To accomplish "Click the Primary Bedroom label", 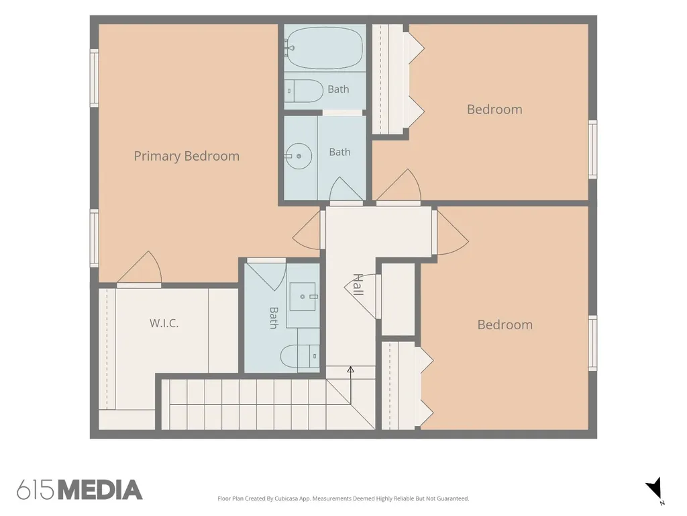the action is pyautogui.click(x=187, y=156).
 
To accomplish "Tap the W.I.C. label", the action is pyautogui.click(x=164, y=323).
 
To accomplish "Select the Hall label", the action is pyautogui.click(x=358, y=284).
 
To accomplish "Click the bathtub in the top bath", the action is pyautogui.click(x=324, y=48).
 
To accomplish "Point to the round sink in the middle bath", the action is pyautogui.click(x=299, y=156).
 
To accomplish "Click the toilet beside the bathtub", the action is pyautogui.click(x=304, y=91).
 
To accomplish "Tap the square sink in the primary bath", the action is pyautogui.click(x=303, y=296).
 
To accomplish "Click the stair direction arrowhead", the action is pyautogui.click(x=350, y=370).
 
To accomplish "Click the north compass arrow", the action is pyautogui.click(x=653, y=488).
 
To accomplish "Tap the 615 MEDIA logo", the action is pyautogui.click(x=80, y=490).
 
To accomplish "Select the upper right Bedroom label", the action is pyautogui.click(x=494, y=110).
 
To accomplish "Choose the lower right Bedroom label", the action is pyautogui.click(x=505, y=325).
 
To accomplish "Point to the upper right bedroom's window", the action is pyautogui.click(x=592, y=149).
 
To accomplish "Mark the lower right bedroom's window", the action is pyautogui.click(x=592, y=343).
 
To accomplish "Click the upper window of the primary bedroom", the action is pyautogui.click(x=94, y=78).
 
